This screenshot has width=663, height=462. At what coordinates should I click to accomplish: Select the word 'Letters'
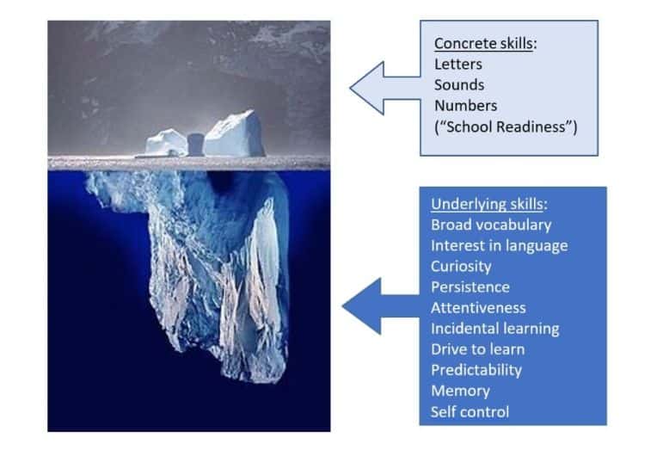[457, 64]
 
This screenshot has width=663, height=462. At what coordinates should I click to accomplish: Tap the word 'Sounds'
[459, 84]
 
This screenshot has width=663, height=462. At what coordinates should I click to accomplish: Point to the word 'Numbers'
[465, 106]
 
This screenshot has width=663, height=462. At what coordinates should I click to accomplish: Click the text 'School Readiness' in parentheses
[506, 127]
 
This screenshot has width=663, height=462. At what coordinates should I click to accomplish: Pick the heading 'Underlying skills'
[487, 204]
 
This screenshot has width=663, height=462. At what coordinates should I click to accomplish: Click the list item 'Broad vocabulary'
[490, 225]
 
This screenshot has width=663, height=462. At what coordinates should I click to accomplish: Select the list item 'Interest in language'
[499, 245]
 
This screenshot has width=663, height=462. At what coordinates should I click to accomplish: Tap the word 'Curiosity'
[461, 266]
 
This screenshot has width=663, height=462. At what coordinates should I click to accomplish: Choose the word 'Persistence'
[470, 286]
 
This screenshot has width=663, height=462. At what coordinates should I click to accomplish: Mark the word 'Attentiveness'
[478, 307]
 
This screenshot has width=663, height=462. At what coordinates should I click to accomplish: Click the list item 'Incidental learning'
[494, 328]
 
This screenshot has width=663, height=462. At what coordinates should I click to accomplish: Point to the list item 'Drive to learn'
[477, 348]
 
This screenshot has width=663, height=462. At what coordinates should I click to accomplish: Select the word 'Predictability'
[476, 370]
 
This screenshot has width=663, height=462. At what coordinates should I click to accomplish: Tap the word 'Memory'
[460, 391]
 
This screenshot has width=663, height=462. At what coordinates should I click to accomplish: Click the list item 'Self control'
[470, 411]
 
